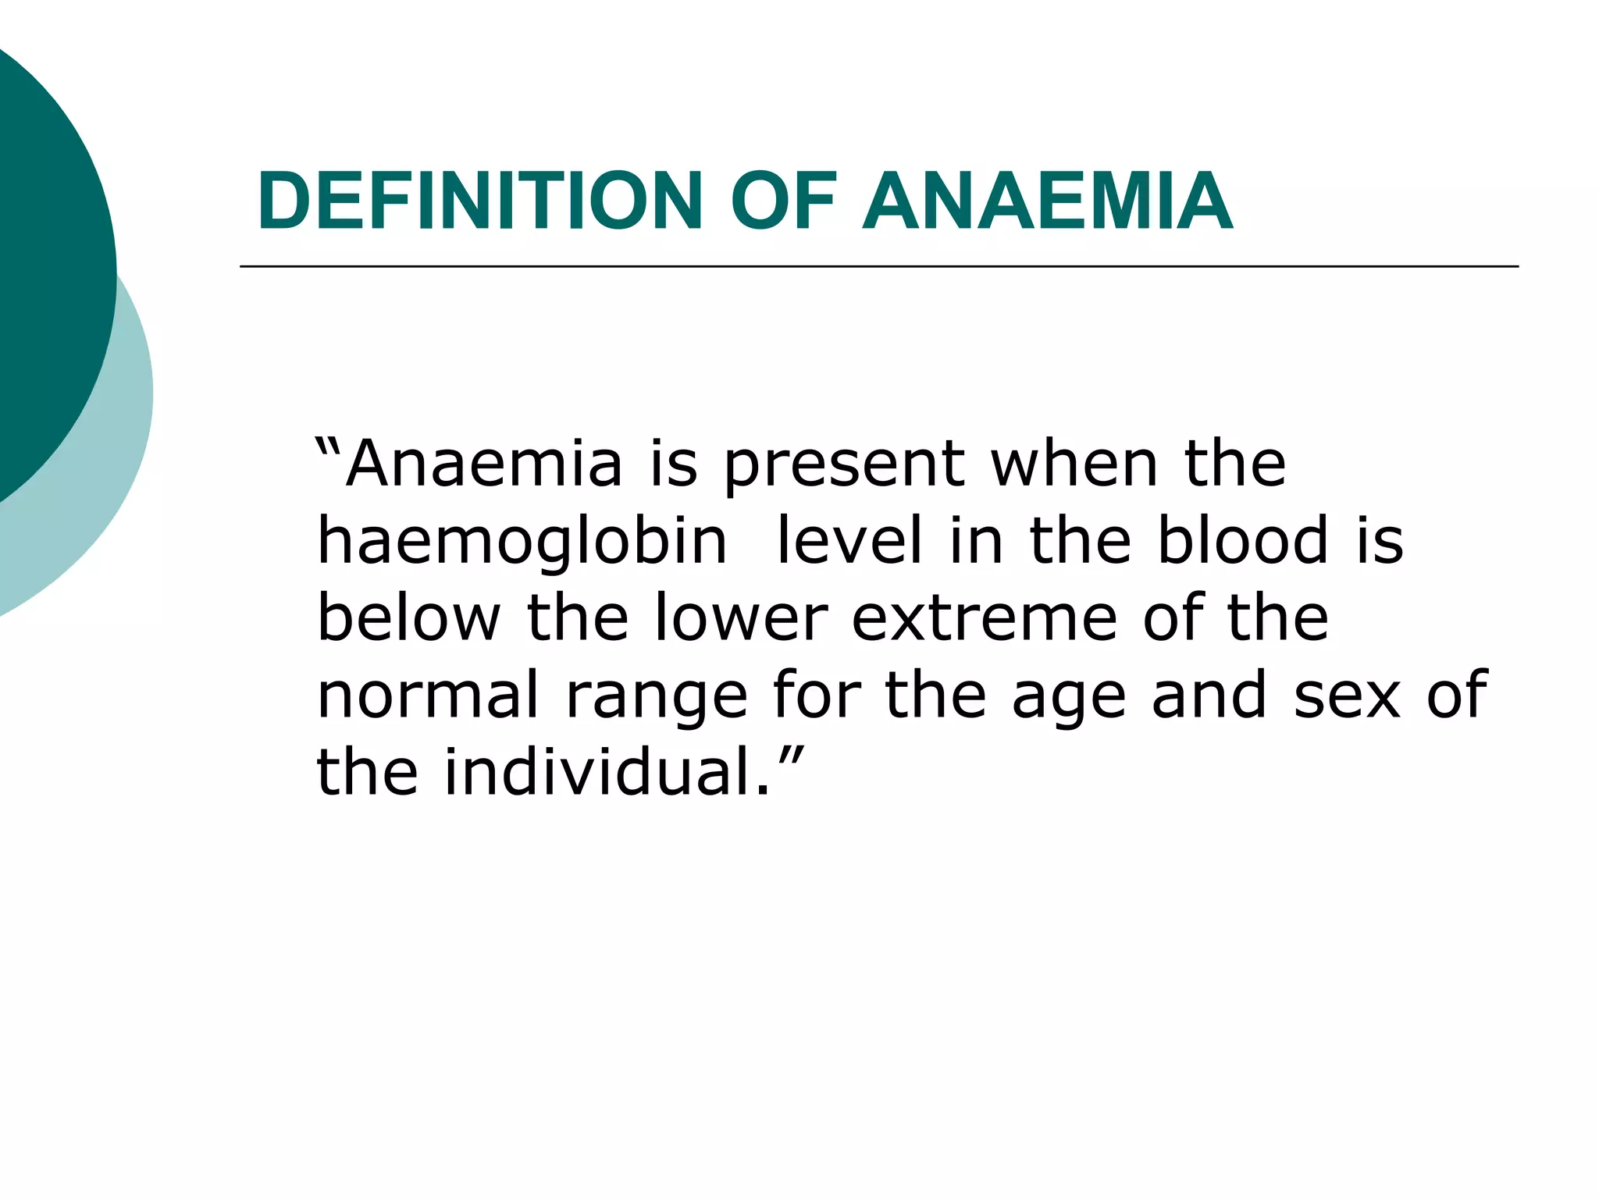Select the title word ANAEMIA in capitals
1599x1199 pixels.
pos(1047,201)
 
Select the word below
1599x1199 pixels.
pos(408,617)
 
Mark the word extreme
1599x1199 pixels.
pos(985,617)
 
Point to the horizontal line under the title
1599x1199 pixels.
pos(878,267)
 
